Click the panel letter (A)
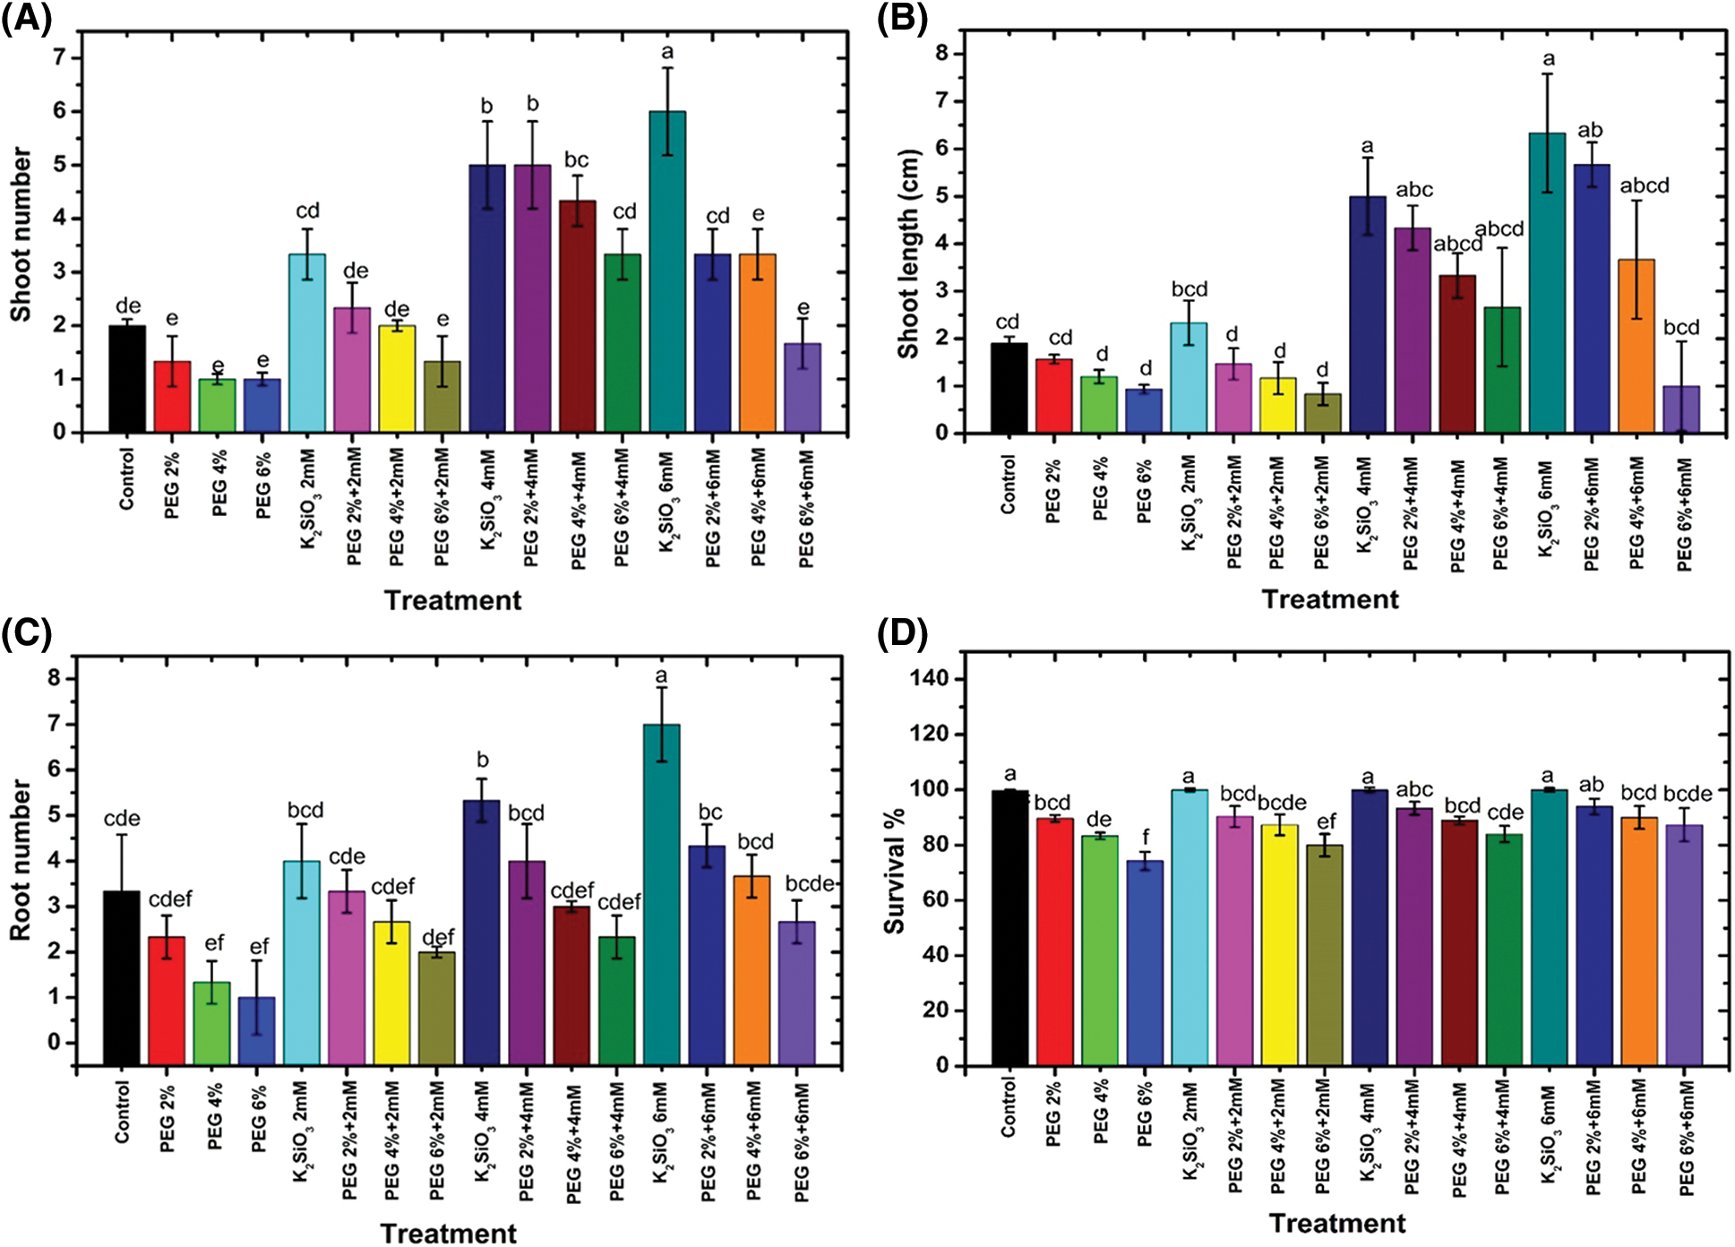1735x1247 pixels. tap(27, 18)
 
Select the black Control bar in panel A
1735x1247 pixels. tap(127, 378)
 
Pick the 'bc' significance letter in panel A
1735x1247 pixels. tap(576, 160)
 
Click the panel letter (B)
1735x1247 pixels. tap(902, 18)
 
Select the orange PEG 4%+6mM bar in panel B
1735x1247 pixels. tap(1636, 346)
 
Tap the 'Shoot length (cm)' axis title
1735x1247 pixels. tap(908, 254)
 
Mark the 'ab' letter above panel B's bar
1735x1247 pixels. tap(1591, 131)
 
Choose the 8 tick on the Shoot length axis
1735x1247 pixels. tap(941, 54)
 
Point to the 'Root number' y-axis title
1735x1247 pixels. tap(20, 860)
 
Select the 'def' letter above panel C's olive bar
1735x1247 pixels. tap(438, 938)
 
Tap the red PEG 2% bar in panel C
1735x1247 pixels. tap(167, 1000)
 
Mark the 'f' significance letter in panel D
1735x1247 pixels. tap(1146, 838)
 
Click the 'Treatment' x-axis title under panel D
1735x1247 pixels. tap(1337, 1224)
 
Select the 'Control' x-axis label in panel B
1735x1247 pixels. tap(1009, 485)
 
